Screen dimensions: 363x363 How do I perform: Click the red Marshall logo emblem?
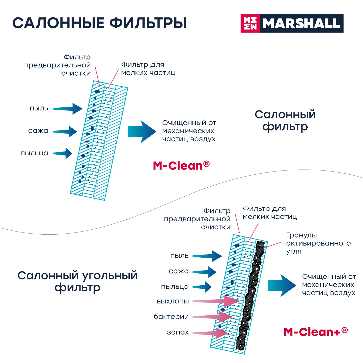pyautogui.click(x=250, y=23)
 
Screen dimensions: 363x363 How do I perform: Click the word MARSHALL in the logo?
pyautogui.click(x=301, y=24)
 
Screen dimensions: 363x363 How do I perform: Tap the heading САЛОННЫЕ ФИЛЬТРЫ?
pyautogui.click(x=99, y=23)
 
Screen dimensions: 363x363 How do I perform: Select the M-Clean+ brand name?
pyautogui.click(x=316, y=332)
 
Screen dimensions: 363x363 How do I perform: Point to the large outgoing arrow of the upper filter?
pyautogui.click(x=142, y=132)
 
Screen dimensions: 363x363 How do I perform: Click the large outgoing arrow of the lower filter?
pyautogui.click(x=281, y=285)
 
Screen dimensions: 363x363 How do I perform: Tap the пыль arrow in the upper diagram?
pyautogui.click(x=68, y=109)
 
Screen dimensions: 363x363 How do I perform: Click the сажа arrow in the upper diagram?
pyautogui.click(x=66, y=132)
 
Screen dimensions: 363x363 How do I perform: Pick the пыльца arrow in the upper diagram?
pyautogui.click(x=63, y=153)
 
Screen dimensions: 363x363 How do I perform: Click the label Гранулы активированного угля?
pyautogui.click(x=318, y=243)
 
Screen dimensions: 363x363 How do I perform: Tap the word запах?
pyautogui.click(x=178, y=332)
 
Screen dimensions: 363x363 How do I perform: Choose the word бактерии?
pyautogui.click(x=171, y=317)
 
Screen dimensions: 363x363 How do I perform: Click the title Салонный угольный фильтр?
pyautogui.click(x=77, y=281)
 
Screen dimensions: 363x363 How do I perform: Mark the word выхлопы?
pyautogui.click(x=173, y=301)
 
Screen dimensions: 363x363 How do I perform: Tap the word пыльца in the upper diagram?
pyautogui.click(x=34, y=153)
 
